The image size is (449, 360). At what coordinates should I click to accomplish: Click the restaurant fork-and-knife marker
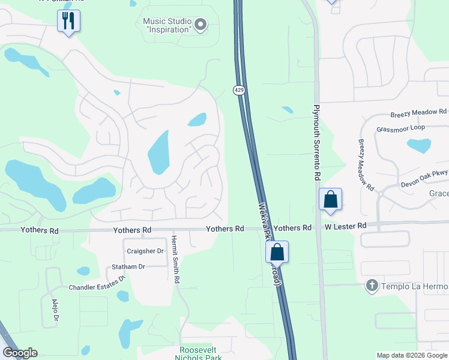pos(68,21)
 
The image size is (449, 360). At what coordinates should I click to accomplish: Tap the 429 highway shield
pos(239,90)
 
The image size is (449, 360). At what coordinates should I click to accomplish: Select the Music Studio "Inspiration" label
pos(167,25)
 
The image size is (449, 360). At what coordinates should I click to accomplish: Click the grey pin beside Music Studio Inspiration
pos(201,25)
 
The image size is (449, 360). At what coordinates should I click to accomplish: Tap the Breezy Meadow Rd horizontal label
pos(418,112)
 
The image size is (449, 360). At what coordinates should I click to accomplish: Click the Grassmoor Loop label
pos(400,129)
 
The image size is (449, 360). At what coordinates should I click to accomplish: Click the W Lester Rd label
pos(346,226)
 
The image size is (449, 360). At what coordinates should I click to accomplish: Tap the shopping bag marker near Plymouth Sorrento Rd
pos(330,199)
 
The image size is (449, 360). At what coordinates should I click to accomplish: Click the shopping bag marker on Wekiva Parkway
pos(277,251)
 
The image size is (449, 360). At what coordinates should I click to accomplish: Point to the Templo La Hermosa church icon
pos(372,286)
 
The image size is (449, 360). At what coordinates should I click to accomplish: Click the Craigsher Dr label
pos(145,251)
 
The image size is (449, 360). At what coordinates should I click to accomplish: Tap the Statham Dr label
pos(128,266)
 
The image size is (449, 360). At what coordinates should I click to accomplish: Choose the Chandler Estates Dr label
pos(96,283)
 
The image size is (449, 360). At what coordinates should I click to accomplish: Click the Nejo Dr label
pos(55,310)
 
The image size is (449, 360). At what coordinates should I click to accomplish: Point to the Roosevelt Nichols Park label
pos(200,353)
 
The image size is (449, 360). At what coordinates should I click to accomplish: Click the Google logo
pos(20,353)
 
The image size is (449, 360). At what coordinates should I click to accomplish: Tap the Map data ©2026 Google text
pos(411,355)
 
